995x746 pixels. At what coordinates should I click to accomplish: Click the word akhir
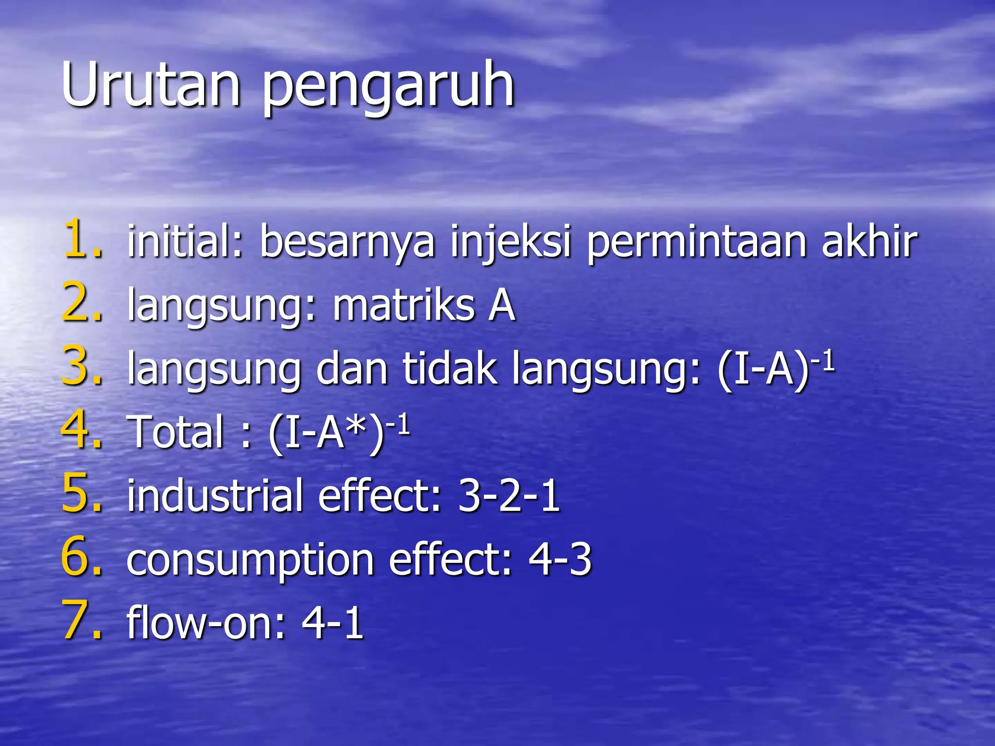(x=870, y=241)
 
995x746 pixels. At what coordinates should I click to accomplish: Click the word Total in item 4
(x=177, y=432)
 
